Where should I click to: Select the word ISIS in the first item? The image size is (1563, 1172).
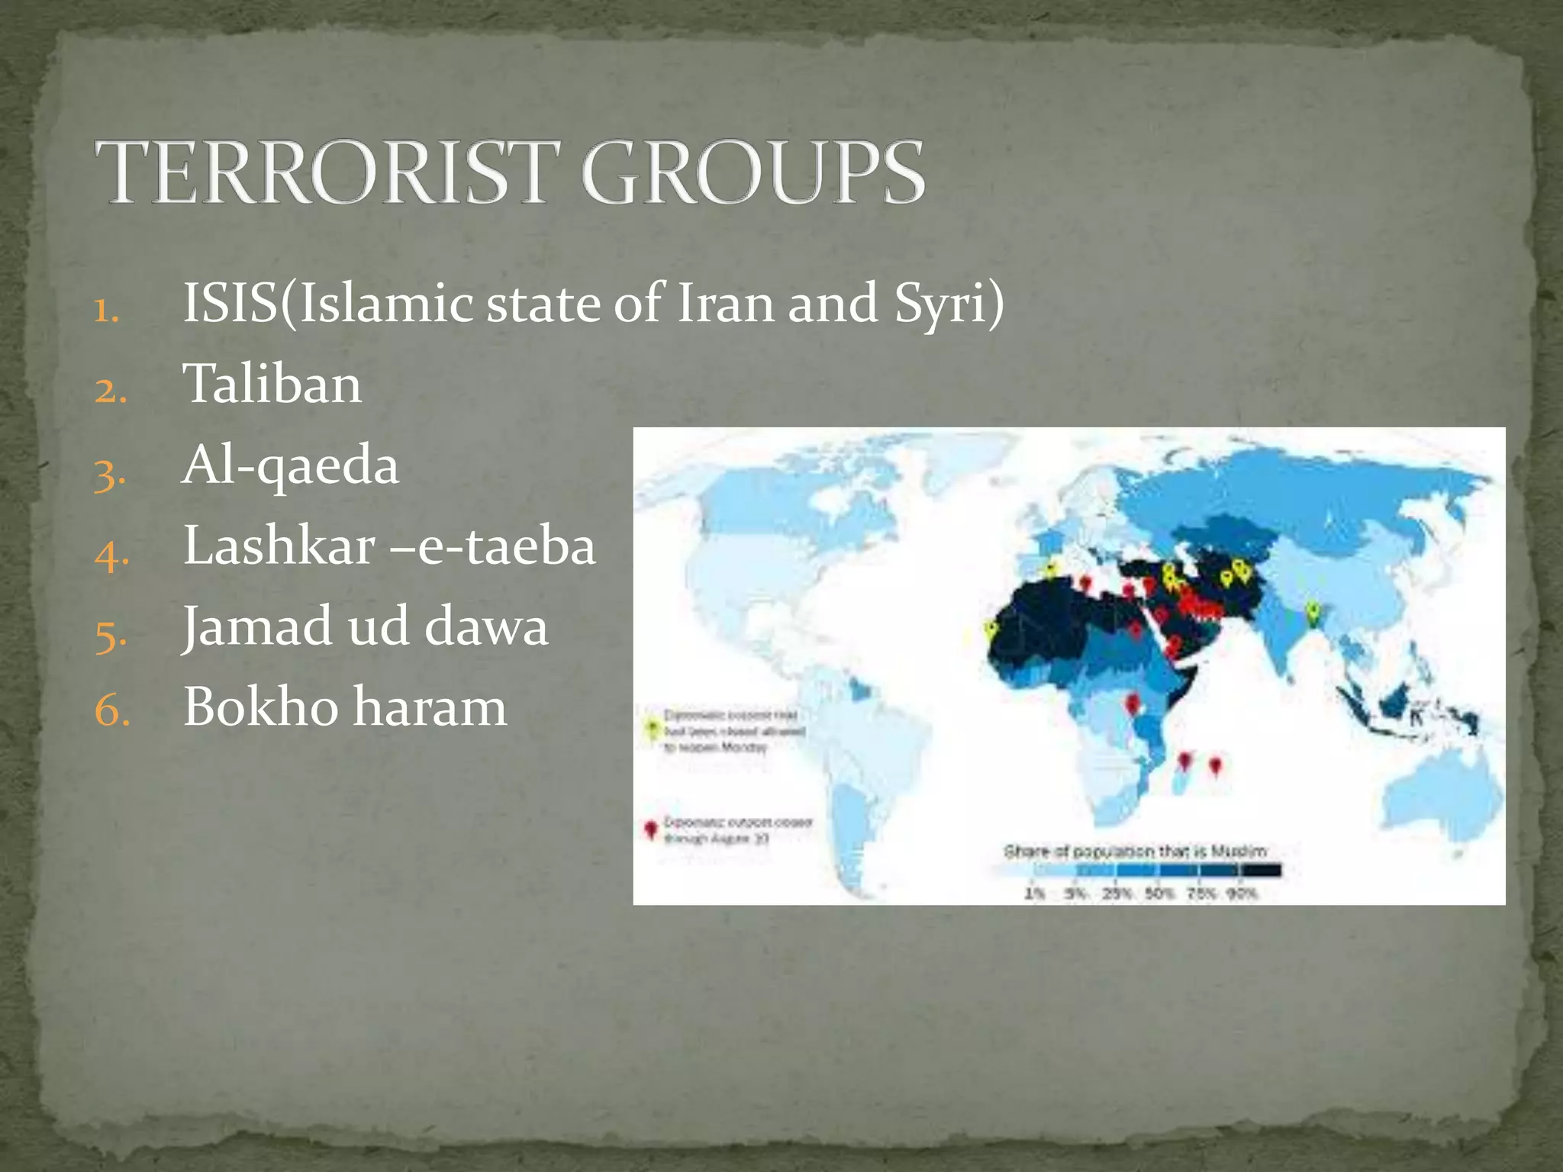point(230,304)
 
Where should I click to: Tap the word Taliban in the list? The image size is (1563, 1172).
point(272,384)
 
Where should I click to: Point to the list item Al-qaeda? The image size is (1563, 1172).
point(290,465)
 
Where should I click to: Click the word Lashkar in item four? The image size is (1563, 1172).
point(279,546)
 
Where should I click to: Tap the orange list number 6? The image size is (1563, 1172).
point(111,711)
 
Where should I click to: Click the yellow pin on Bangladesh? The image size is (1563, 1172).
point(1312,611)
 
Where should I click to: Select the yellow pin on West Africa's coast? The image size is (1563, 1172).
point(991,629)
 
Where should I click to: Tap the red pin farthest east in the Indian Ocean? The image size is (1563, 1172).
point(1216,764)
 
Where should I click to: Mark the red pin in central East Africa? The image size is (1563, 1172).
point(1133,703)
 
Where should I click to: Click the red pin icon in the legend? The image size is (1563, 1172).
point(650,829)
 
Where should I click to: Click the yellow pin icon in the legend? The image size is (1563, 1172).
point(651,728)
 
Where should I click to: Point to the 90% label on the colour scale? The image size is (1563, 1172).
point(1241,893)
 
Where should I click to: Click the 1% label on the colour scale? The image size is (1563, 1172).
point(1033,893)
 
